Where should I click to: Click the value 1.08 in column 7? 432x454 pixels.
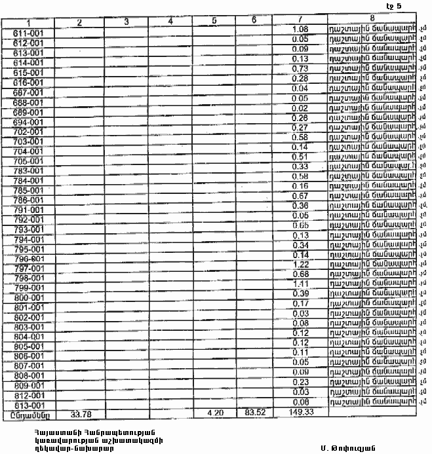pyautogui.click(x=300, y=29)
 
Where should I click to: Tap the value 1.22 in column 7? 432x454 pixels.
pyautogui.click(x=300, y=264)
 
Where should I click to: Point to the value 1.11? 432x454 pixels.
pyautogui.click(x=300, y=284)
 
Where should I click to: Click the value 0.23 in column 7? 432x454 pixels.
pyautogui.click(x=300, y=382)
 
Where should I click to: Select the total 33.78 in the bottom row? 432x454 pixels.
pyautogui.click(x=79, y=413)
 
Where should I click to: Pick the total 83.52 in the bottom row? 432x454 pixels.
pyautogui.click(x=254, y=413)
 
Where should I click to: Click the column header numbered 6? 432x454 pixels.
pyautogui.click(x=254, y=20)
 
